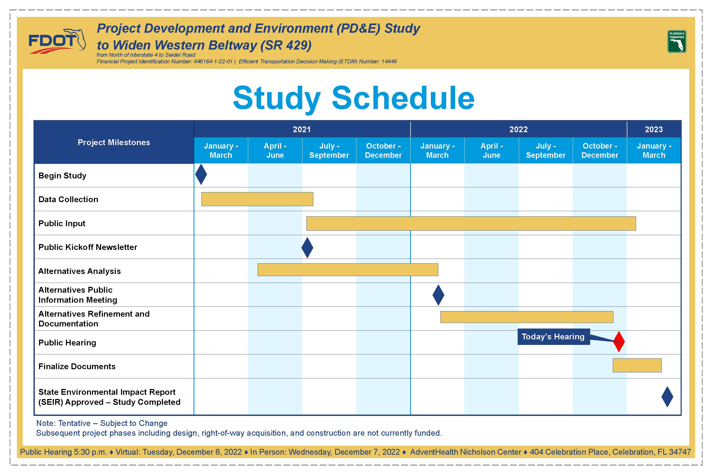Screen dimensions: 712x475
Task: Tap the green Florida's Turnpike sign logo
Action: [677, 41]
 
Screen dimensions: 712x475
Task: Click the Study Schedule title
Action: [354, 98]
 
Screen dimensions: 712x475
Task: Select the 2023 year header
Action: [654, 129]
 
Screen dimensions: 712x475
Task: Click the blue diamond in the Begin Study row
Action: [201, 174]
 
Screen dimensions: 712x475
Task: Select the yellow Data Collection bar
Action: [257, 199]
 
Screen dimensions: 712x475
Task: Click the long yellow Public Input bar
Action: [471, 224]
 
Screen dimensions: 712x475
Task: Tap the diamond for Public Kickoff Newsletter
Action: [307, 248]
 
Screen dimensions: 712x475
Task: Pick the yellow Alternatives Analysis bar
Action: [348, 270]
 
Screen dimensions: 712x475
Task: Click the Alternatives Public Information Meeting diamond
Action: [438, 295]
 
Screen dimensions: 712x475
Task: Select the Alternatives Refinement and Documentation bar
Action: [527, 317]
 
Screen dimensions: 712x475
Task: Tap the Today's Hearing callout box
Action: [554, 336]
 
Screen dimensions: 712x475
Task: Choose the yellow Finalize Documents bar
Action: [637, 365]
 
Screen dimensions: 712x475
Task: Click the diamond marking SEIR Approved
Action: [667, 397]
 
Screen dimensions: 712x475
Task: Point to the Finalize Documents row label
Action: [77, 367]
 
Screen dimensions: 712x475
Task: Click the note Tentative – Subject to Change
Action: [102, 423]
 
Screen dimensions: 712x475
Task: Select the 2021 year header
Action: [302, 129]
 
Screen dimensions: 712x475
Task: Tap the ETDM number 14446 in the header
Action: [389, 61]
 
